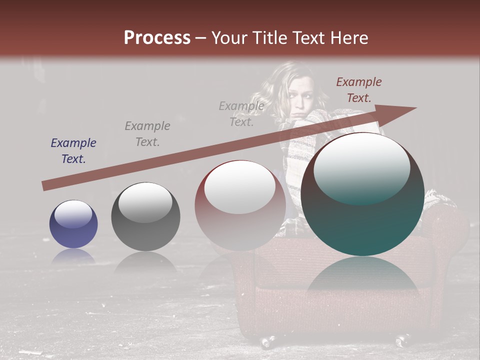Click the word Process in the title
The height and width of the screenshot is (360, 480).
click(x=157, y=38)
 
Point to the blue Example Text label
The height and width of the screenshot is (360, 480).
click(x=73, y=151)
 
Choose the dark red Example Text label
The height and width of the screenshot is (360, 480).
click(x=358, y=90)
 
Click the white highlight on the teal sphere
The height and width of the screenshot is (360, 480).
click(x=362, y=169)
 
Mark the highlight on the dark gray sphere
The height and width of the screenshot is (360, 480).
click(x=145, y=203)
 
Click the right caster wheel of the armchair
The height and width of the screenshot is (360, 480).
click(x=401, y=340)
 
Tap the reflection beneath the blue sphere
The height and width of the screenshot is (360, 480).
click(x=73, y=257)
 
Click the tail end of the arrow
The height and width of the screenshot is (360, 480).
click(x=45, y=185)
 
